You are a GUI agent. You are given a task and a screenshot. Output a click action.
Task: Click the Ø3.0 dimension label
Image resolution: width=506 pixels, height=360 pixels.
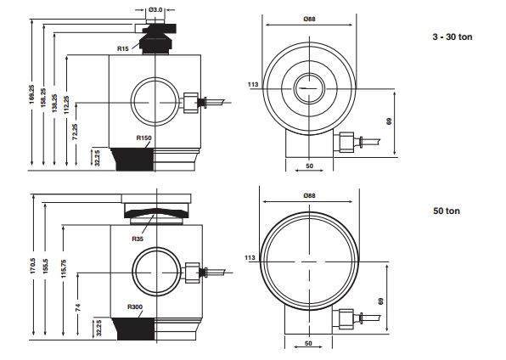click(155, 9)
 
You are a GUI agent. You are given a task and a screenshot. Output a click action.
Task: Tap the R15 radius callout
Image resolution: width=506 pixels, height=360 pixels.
click(122, 48)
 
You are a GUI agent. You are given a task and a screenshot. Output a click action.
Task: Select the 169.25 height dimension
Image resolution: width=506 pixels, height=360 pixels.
click(31, 94)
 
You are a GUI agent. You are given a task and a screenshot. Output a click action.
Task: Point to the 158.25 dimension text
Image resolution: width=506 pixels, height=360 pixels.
click(43, 98)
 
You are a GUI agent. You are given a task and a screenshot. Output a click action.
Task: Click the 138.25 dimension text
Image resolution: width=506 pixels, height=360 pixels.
click(54, 103)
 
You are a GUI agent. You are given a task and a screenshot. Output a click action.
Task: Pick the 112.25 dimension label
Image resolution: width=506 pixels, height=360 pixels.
click(66, 105)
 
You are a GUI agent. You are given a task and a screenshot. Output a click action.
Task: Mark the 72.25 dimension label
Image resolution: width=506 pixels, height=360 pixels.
click(75, 132)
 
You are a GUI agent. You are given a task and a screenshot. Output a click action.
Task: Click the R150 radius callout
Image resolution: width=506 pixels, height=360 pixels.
click(144, 138)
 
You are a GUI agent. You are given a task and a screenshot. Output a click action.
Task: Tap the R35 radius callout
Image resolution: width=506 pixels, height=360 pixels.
click(138, 239)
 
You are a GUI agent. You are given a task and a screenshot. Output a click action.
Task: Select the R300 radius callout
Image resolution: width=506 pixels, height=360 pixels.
click(135, 307)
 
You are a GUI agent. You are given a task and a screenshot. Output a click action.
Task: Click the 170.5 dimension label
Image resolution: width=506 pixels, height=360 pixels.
click(33, 266)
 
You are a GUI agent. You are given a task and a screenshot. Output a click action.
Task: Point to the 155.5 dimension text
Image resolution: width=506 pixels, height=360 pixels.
click(45, 266)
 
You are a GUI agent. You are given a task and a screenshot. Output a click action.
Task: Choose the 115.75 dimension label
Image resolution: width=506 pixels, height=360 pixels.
click(64, 268)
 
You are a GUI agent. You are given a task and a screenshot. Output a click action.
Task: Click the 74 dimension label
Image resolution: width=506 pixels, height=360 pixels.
click(78, 307)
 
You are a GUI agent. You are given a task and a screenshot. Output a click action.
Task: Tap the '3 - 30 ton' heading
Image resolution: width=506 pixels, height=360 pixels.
click(453, 37)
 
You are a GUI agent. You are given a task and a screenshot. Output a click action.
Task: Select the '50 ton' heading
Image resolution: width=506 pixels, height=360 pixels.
click(447, 211)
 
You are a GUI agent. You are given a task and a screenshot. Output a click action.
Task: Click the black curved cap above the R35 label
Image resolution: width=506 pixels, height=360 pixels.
click(156, 212)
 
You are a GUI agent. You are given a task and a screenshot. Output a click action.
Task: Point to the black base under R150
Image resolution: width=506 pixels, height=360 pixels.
click(132, 160)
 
